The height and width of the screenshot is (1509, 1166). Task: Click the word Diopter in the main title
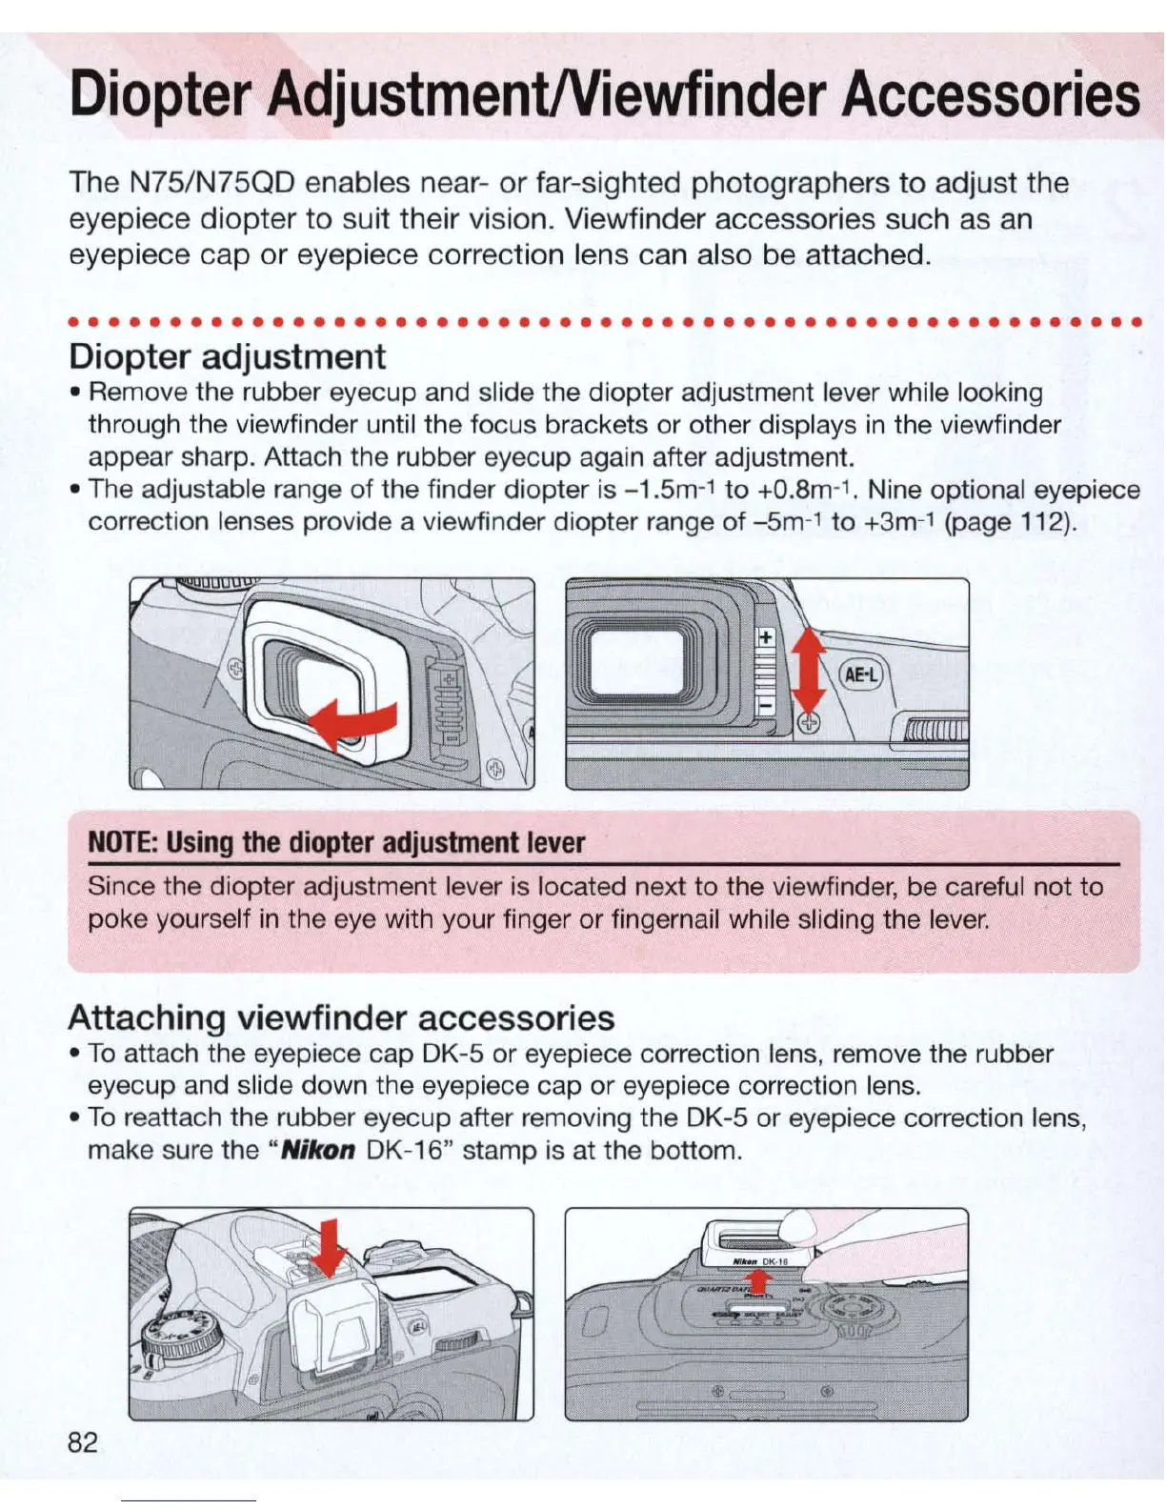pos(160,95)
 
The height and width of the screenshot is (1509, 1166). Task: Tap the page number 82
pos(83,1442)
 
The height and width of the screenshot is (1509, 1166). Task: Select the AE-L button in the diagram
pos(861,675)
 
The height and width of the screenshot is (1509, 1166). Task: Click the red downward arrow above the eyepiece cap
pos(331,1248)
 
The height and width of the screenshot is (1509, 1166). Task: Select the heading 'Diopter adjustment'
pos(227,356)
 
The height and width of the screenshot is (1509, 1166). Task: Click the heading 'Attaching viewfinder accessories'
pos(341,1017)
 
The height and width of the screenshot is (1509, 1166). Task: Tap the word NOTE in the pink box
pos(121,843)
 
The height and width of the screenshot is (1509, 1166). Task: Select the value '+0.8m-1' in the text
pos(802,490)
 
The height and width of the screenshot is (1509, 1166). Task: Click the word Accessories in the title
pos(991,95)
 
